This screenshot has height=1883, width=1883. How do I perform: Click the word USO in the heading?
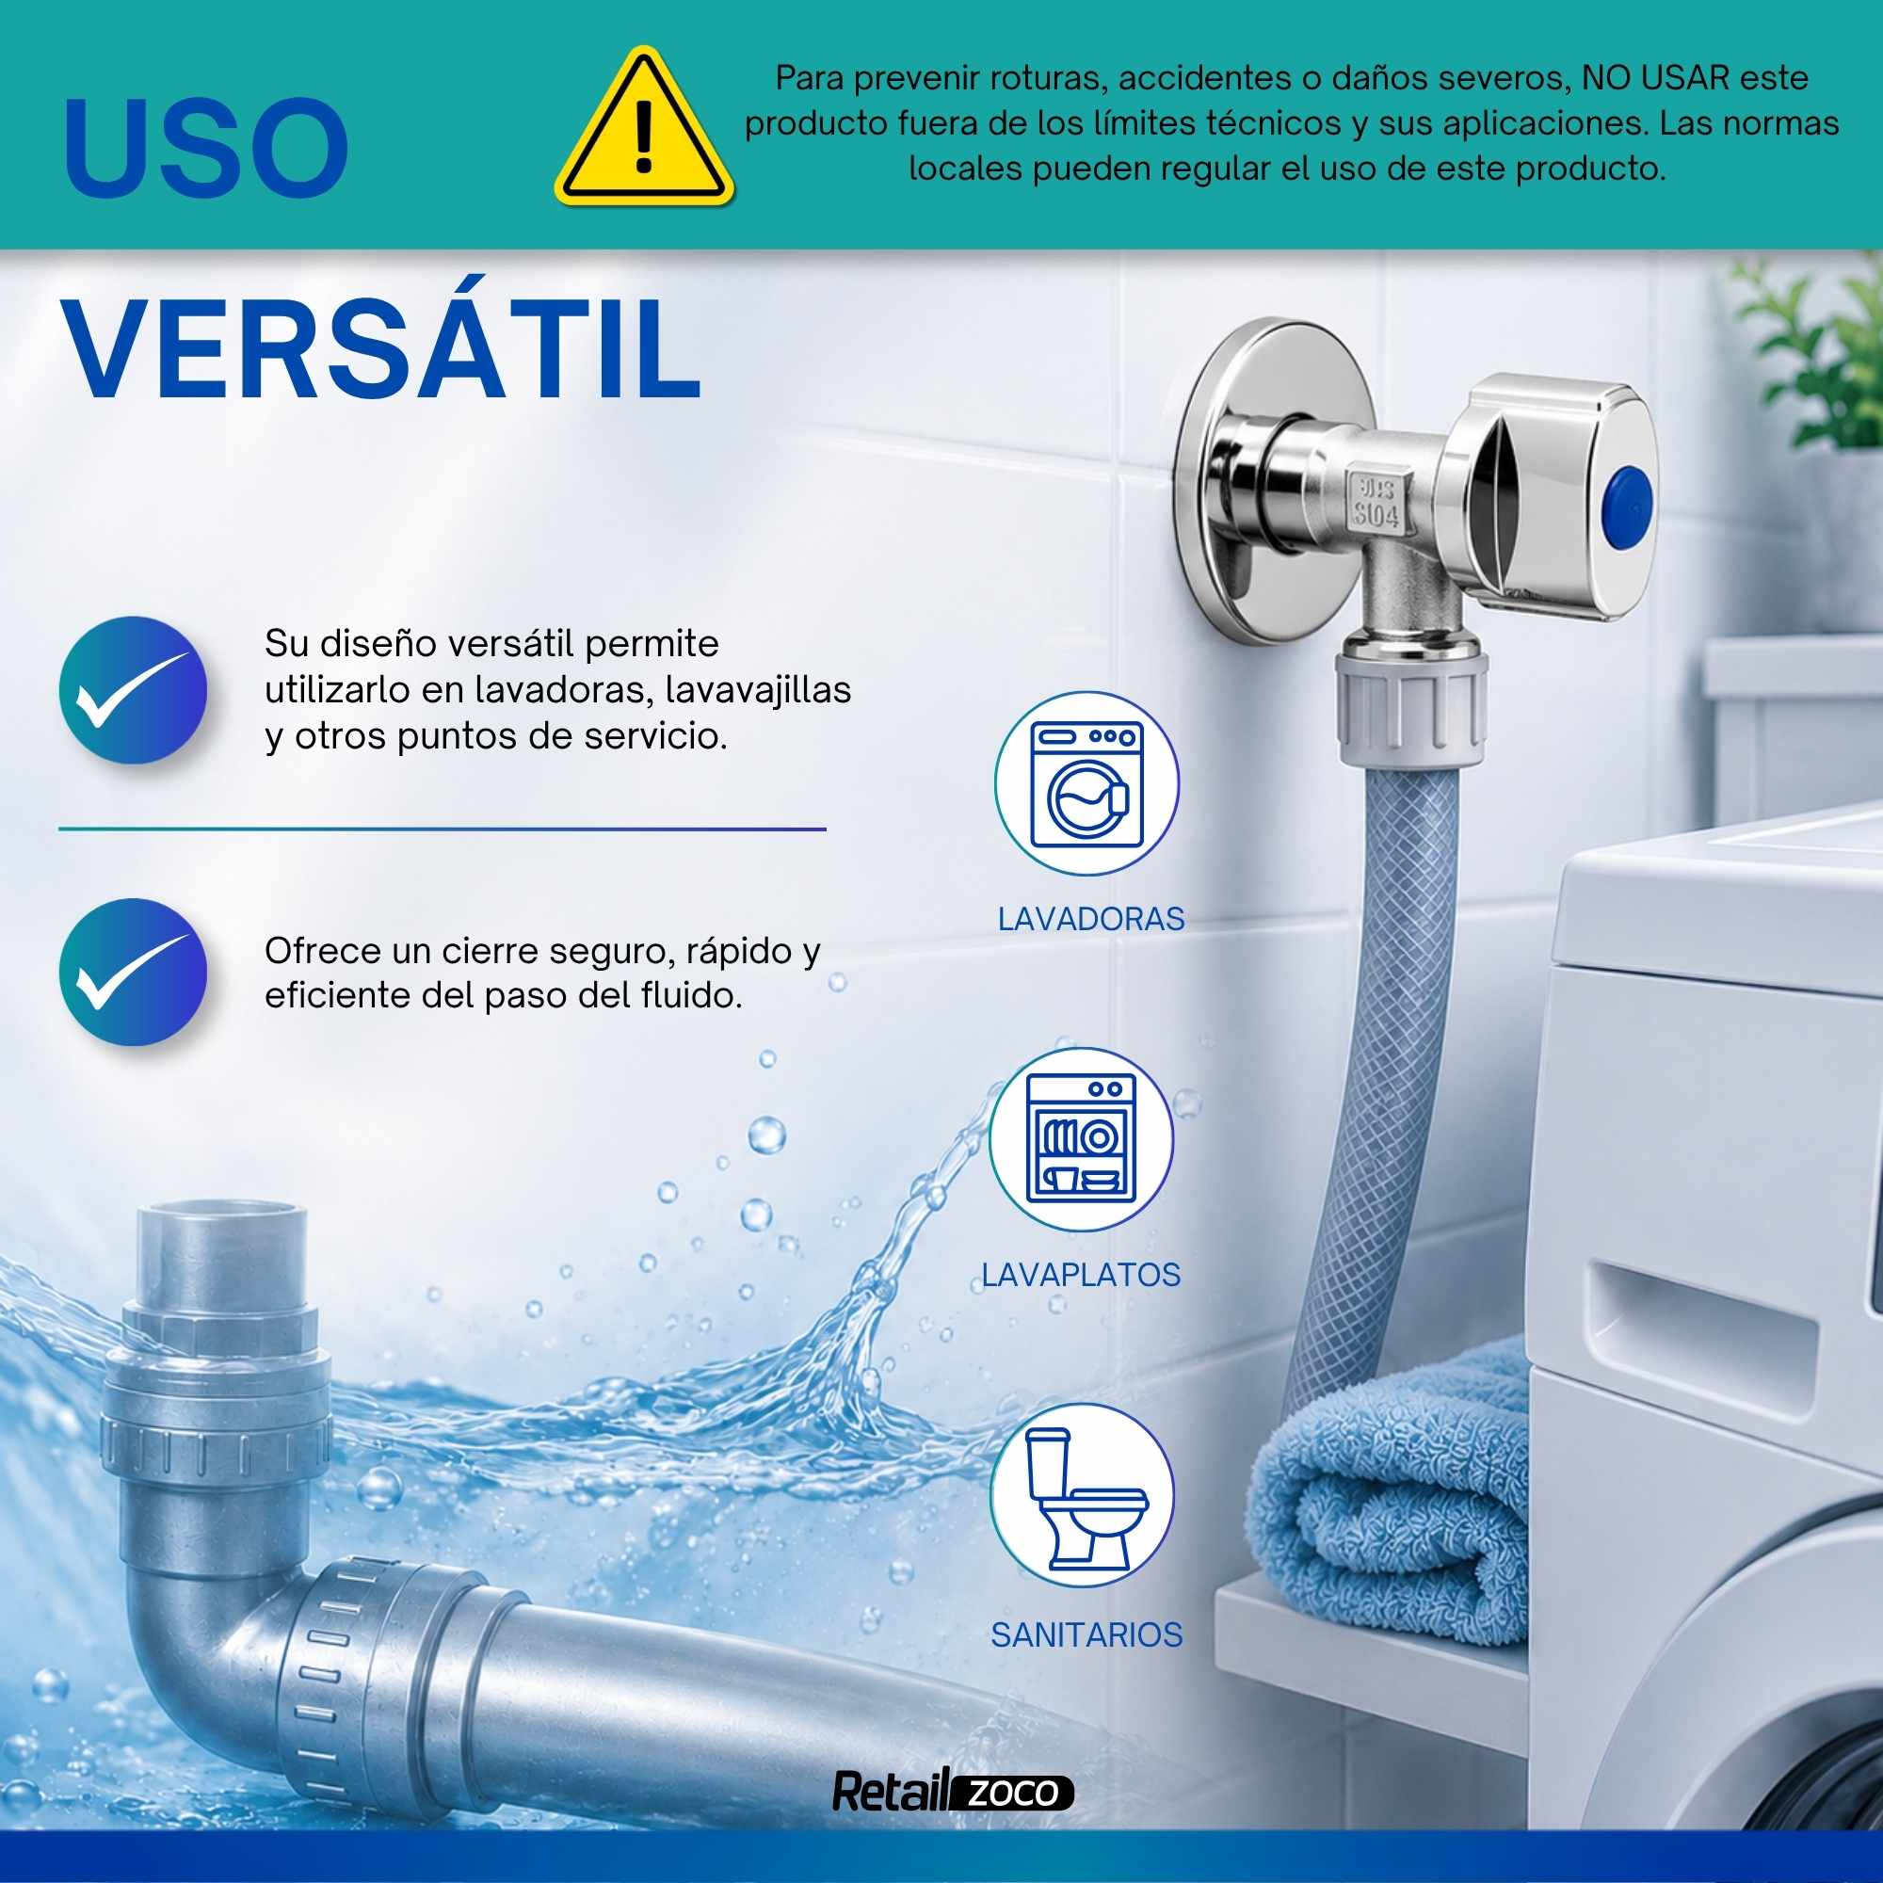(206, 148)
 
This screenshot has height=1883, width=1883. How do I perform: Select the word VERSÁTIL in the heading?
(382, 349)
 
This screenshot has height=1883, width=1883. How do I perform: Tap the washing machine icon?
(1086, 783)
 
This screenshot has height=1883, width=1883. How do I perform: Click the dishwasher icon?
(1081, 1139)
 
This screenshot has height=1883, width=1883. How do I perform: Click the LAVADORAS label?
(1090, 919)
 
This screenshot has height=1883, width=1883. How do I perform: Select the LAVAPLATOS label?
(1081, 1275)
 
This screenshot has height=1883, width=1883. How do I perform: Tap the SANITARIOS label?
(1086, 1634)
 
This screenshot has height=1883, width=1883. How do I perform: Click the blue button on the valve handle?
(1629, 504)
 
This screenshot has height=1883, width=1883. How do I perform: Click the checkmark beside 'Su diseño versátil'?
(134, 690)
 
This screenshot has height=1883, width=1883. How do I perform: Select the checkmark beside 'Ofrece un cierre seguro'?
(134, 972)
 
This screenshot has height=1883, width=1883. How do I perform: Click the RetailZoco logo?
(952, 1792)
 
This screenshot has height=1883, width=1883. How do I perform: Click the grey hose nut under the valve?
(1410, 703)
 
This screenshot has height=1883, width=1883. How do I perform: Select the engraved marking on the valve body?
(1376, 503)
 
